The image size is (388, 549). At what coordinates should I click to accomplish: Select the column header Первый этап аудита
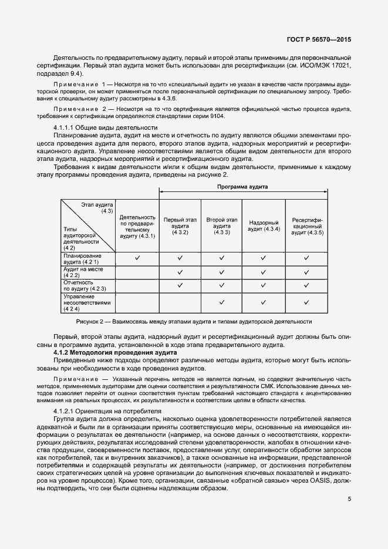point(180,225)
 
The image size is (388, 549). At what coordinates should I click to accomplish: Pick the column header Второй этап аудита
point(221,225)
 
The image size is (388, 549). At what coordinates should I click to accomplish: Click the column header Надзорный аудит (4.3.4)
point(264,225)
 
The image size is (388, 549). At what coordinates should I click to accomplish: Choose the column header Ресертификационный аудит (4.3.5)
point(306,225)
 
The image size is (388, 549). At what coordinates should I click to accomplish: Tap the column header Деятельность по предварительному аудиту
point(137,226)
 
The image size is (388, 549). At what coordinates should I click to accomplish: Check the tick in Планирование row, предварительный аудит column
point(137,258)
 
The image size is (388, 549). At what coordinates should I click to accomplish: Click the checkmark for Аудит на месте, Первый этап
point(180,272)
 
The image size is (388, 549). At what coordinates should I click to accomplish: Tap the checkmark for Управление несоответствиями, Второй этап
point(221,302)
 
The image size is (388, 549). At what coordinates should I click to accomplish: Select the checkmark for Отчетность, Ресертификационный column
point(306,286)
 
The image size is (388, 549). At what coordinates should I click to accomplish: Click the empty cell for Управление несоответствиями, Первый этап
point(180,302)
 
